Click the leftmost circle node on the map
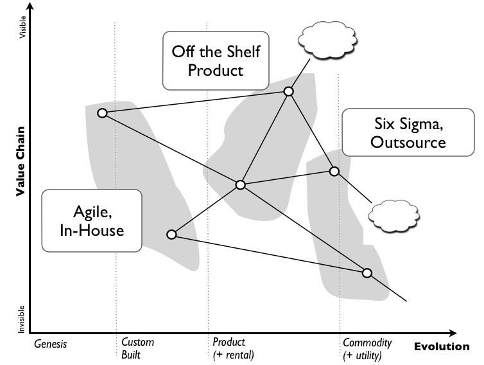[x=102, y=113]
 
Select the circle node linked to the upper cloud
[x=289, y=92]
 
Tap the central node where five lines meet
[x=240, y=185]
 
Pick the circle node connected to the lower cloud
[x=334, y=171]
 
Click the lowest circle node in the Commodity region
[x=367, y=273]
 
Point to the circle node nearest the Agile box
[x=171, y=235]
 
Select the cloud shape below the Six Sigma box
[x=394, y=212]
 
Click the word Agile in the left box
[x=91, y=211]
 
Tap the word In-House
[x=91, y=229]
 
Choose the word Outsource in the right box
[x=408, y=142]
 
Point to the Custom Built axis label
[x=137, y=348]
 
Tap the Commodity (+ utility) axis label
[x=367, y=348]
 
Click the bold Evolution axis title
[x=441, y=347]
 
